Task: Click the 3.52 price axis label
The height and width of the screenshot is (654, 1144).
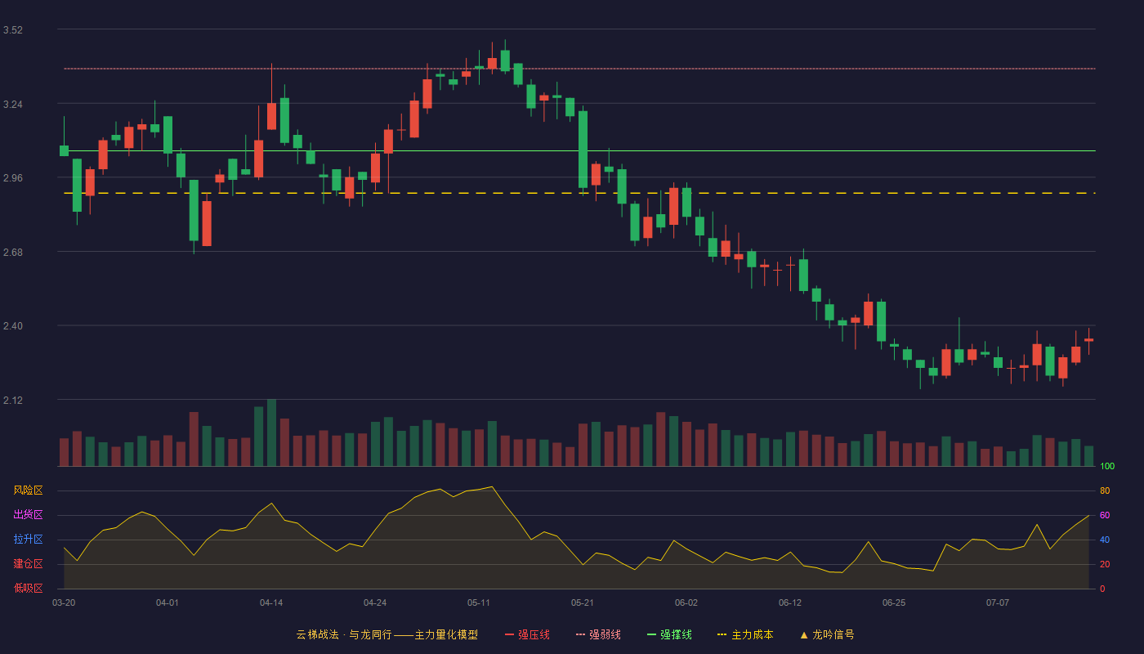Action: pos(13,30)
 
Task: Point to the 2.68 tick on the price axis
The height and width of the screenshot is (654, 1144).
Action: pos(13,253)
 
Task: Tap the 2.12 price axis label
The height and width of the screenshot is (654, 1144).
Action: pos(13,400)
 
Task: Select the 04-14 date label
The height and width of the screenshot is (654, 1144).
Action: pos(271,603)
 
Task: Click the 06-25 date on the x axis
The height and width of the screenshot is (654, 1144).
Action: pos(894,603)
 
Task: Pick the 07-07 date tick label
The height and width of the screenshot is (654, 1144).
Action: pos(998,603)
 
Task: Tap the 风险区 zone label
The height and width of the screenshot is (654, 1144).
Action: pos(28,490)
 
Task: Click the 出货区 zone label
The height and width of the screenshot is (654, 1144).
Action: pos(28,514)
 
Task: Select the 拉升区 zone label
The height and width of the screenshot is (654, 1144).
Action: pos(28,539)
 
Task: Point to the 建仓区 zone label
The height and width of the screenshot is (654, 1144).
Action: pos(28,563)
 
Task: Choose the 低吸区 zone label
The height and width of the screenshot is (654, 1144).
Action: pos(28,588)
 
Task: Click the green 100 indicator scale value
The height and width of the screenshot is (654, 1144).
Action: pos(1107,466)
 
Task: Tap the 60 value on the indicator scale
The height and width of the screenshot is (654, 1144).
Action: pos(1105,515)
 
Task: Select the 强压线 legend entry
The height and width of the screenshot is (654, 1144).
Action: pos(527,635)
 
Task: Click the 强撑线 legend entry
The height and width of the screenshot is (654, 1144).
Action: pos(669,635)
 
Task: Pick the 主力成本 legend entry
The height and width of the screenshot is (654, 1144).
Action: pos(745,635)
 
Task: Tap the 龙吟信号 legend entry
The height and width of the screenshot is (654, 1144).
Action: pos(827,635)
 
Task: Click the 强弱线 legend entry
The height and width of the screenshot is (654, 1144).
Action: pos(598,635)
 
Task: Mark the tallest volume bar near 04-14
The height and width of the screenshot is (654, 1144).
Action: pos(271,432)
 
